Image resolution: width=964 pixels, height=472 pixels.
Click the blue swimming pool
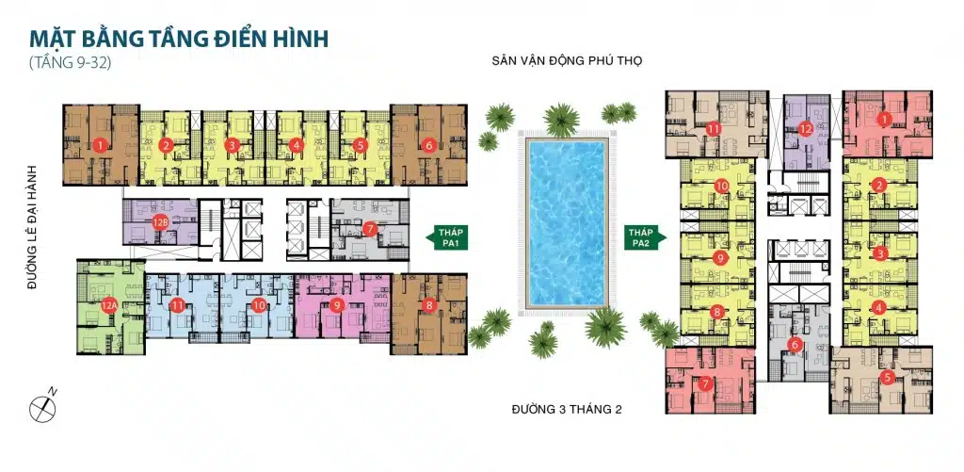[x=566, y=223]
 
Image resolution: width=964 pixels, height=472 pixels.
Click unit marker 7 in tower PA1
[x=370, y=228]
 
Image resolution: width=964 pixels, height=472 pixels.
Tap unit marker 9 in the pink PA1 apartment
[x=337, y=304]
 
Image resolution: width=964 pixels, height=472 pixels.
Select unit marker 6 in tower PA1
[x=429, y=145]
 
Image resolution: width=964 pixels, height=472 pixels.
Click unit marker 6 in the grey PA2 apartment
[x=795, y=344]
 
